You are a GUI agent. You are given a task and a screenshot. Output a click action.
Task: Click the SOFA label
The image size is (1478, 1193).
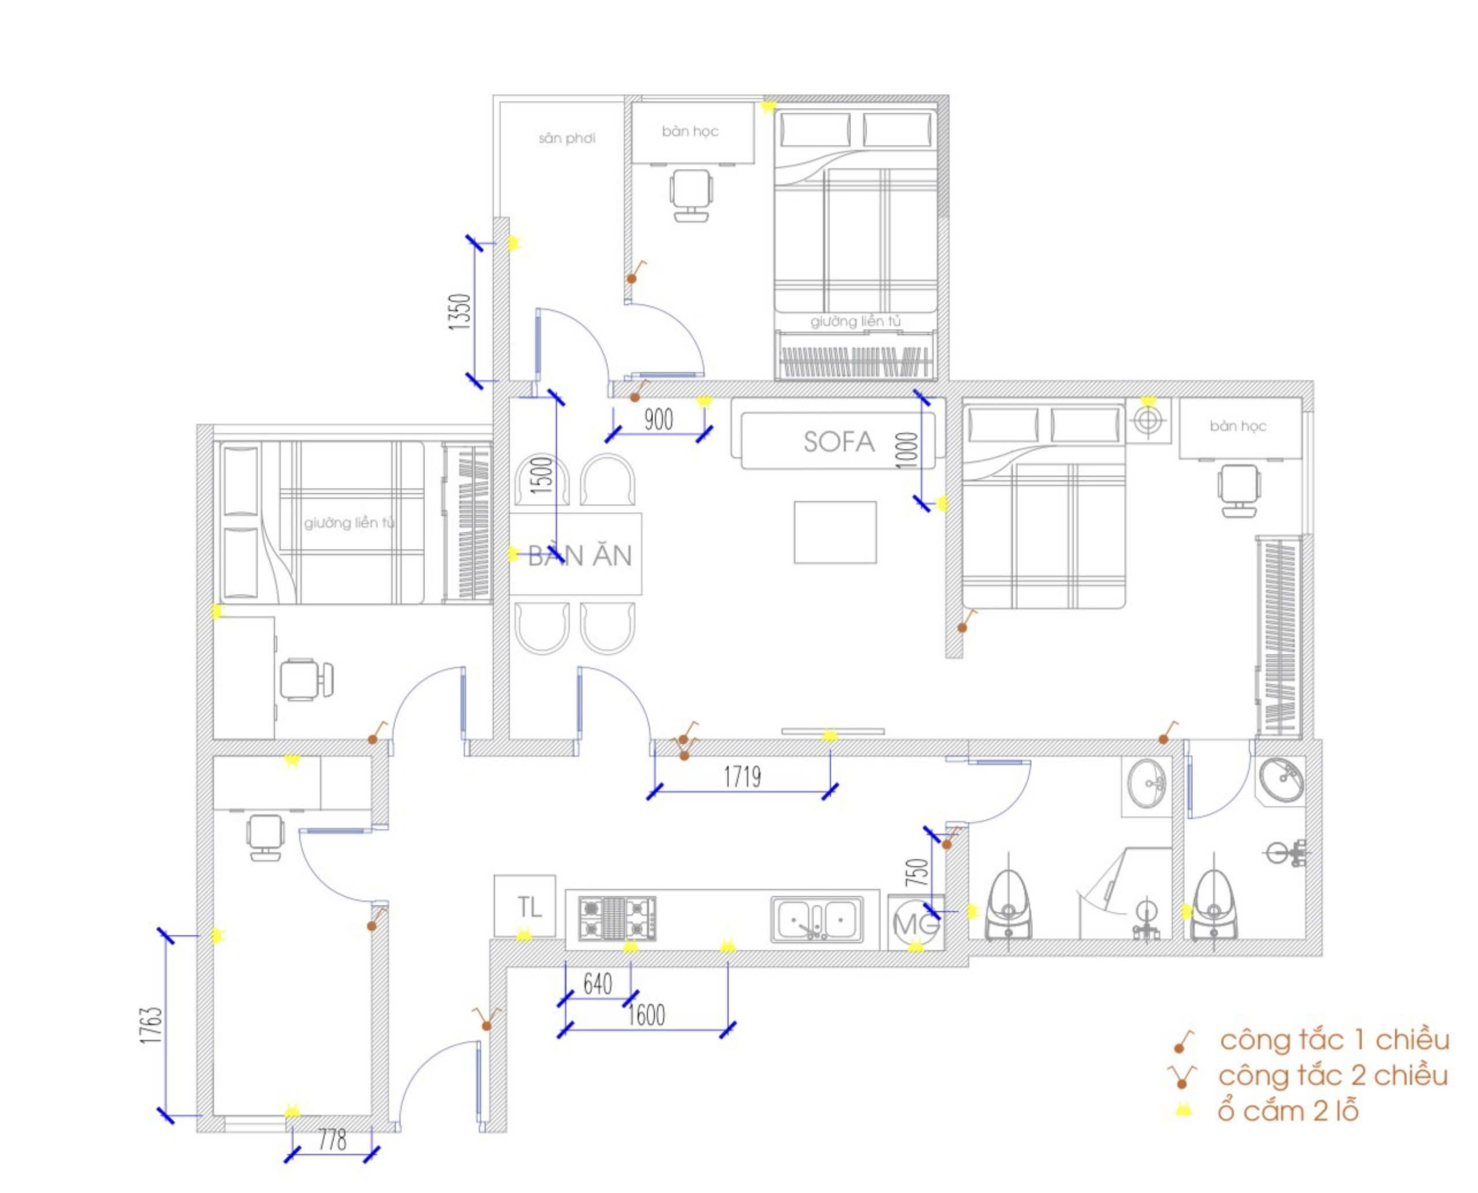pos(839,441)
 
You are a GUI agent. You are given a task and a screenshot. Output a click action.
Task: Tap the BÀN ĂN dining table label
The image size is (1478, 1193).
pos(580,556)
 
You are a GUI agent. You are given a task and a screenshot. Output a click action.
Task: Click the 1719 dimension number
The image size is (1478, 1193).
pos(742,777)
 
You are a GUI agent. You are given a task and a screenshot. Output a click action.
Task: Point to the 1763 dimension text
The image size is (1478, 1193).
pos(151,1026)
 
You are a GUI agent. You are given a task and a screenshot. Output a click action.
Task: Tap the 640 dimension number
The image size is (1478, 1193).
pos(597,984)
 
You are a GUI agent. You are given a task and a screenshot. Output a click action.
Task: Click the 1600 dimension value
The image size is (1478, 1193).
pos(646,1015)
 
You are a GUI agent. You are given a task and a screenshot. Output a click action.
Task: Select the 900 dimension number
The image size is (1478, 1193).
pos(658,419)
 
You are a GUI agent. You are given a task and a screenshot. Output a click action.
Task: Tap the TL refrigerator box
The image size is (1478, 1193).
pos(525,906)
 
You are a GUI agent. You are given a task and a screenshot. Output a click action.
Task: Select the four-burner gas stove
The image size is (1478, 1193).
pos(617,918)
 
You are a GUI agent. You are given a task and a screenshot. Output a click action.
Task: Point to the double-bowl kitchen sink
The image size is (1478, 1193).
pos(816,919)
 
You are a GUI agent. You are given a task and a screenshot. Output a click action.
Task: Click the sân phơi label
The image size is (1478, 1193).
pos(567,138)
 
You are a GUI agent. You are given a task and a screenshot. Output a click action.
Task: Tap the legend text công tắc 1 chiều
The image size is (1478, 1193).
pos(1334,1041)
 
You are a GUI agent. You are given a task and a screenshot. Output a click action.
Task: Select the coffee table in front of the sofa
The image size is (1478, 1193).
pos(835,532)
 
